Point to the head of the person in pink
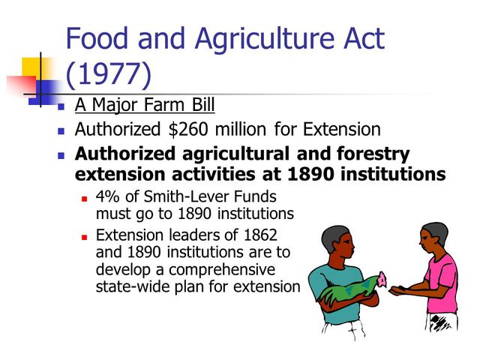[433, 238]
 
